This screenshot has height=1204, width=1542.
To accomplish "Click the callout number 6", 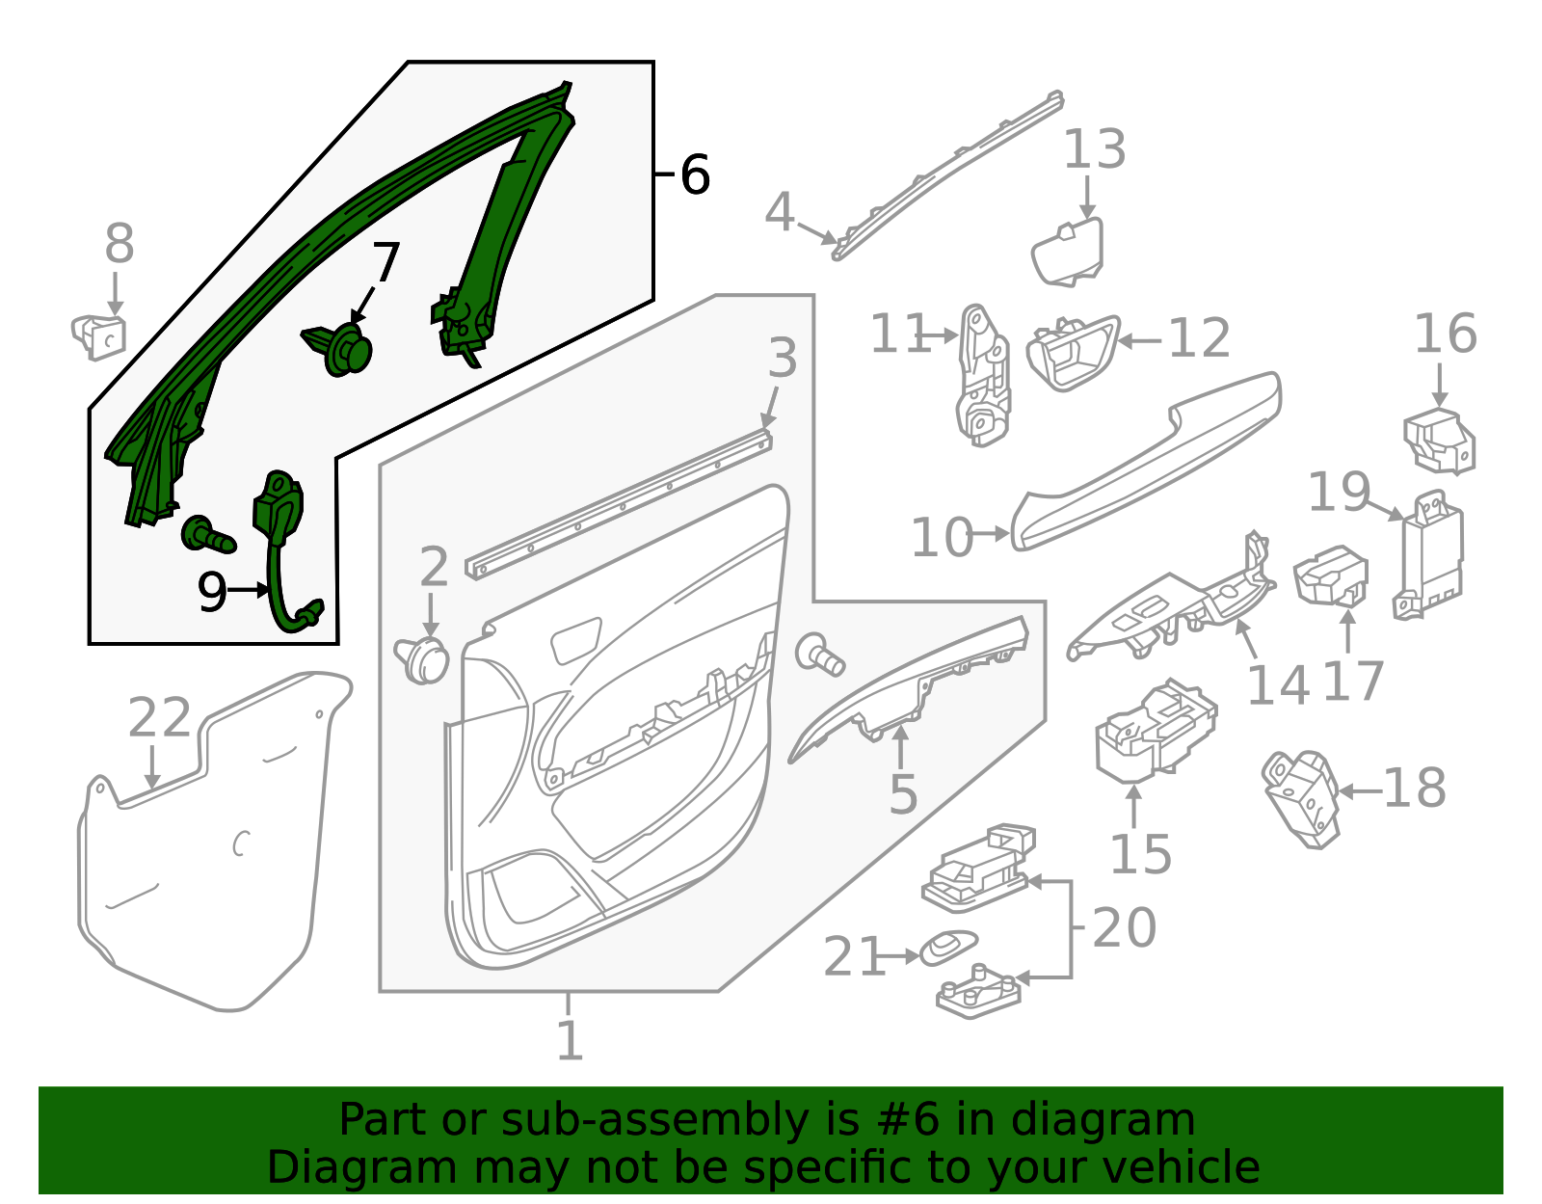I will click(x=695, y=175).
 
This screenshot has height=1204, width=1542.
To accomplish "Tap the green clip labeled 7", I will click(x=342, y=350).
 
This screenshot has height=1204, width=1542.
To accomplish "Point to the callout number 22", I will click(x=160, y=718).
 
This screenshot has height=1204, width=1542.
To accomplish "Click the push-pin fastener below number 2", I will click(x=423, y=659).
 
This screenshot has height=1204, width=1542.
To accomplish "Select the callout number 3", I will click(x=783, y=359).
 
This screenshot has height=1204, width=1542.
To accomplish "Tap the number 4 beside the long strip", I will click(x=779, y=213).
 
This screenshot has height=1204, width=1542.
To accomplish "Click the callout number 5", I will click(x=902, y=794).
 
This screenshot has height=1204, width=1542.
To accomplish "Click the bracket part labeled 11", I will click(x=984, y=377).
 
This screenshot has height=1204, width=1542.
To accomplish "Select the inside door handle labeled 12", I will click(x=1072, y=353).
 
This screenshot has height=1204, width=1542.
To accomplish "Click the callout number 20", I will click(x=1124, y=927).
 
